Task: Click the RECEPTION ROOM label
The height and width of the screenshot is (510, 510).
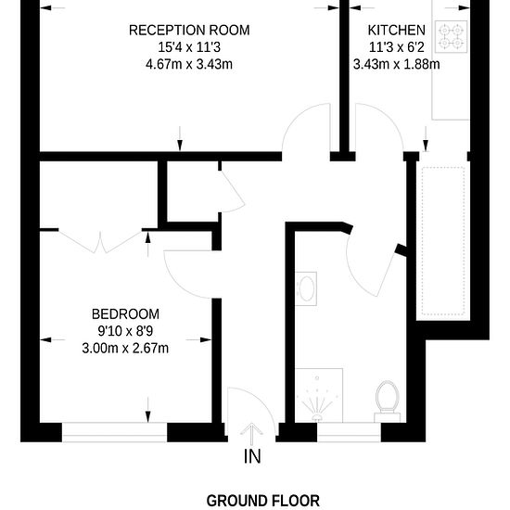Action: (x=189, y=31)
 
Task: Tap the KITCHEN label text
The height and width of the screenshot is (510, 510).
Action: (x=397, y=31)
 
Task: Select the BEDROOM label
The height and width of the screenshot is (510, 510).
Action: (x=125, y=314)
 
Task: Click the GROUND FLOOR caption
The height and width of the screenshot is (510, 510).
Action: (x=262, y=501)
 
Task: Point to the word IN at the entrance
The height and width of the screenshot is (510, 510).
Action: (x=252, y=456)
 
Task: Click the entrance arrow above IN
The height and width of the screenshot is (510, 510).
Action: (x=251, y=434)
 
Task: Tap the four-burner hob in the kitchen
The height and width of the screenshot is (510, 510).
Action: (x=452, y=36)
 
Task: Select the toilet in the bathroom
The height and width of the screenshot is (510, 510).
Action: (x=387, y=402)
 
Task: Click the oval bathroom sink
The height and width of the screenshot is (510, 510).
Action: (x=306, y=288)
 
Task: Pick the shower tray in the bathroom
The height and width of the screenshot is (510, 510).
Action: (x=319, y=396)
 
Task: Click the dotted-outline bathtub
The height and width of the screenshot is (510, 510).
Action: (x=443, y=241)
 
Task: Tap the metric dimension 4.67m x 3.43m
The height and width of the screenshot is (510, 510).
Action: (x=189, y=64)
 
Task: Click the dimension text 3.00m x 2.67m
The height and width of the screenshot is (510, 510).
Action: (x=125, y=349)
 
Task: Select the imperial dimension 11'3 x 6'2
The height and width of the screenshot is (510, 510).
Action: (x=397, y=47)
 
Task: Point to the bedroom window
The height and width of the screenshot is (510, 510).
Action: (x=114, y=432)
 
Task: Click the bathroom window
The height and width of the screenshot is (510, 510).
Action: (x=349, y=432)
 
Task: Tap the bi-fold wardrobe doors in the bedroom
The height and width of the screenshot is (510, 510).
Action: (x=100, y=241)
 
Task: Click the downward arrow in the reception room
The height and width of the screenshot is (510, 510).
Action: (x=180, y=139)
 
